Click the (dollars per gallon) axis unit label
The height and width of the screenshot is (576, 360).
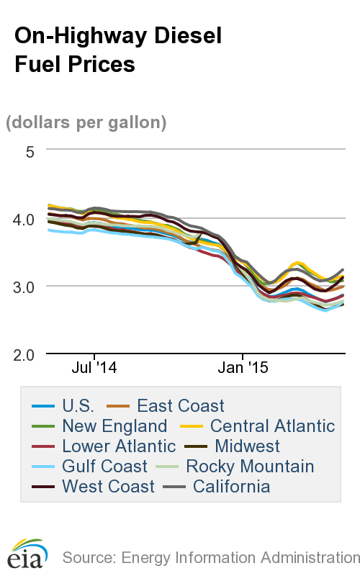click(86, 122)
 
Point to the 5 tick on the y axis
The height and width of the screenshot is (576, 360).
click(30, 151)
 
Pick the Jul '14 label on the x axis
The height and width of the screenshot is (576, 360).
click(94, 368)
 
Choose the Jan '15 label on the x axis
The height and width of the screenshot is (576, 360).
click(243, 368)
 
